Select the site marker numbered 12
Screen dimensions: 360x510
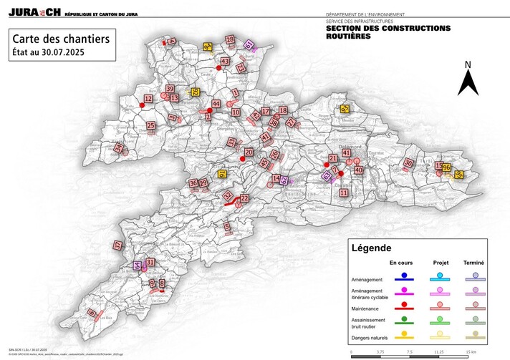tap(148, 99)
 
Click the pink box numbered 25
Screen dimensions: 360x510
tap(151, 126)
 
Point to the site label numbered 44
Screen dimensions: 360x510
tap(216, 104)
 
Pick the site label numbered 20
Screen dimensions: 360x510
tap(249, 152)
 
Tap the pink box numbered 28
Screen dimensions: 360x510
tap(230, 40)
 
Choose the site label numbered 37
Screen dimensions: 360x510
tap(117, 245)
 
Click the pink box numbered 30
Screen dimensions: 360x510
tap(408, 163)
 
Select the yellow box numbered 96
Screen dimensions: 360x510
tap(446, 168)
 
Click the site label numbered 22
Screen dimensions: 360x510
tap(244, 198)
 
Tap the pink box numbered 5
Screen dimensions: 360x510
tap(227, 227)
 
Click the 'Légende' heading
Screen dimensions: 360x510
tap(371, 249)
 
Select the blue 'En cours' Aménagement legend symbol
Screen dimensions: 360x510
tap(405, 276)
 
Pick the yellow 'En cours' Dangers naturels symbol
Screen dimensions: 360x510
tap(405, 333)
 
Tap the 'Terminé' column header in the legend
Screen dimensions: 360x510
tap(475, 263)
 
